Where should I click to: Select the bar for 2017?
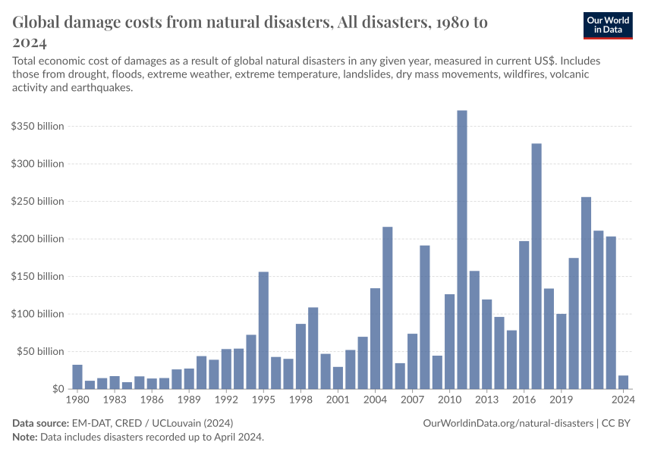(536, 266)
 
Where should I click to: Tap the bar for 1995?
(263, 331)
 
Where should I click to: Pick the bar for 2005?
(387, 308)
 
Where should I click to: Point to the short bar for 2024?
(623, 382)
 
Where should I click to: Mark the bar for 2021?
(586, 293)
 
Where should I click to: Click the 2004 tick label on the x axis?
(375, 399)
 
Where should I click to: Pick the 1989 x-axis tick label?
(189, 399)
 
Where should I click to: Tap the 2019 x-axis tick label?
(561, 399)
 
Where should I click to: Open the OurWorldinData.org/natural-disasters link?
(508, 422)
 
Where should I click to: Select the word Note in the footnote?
(26, 438)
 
